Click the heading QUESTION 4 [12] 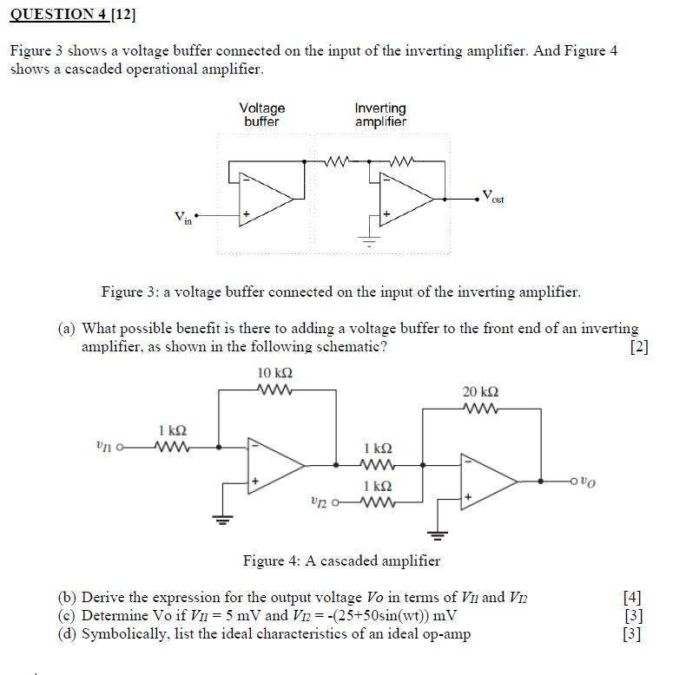point(74,15)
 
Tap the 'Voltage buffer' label point(262,115)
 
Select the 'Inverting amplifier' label point(380,115)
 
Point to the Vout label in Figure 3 point(493,196)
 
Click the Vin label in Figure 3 point(181,218)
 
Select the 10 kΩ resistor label point(275,373)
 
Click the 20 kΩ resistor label point(482,391)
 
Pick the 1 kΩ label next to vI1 point(172,430)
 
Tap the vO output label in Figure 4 point(589,481)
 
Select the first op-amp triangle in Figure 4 point(275,465)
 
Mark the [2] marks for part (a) point(638,347)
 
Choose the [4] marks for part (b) point(632,597)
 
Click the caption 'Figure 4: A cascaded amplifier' point(341,560)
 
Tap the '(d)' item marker point(67,634)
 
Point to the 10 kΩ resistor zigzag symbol point(275,390)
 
